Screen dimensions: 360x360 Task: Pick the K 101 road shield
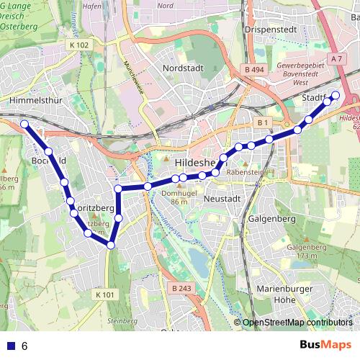(x=104, y=294)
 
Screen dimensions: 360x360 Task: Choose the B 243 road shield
(x=182, y=288)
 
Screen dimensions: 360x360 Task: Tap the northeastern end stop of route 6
(x=335, y=94)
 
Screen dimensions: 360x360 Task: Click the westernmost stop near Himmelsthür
(x=24, y=125)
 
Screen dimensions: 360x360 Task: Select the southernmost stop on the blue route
(x=111, y=246)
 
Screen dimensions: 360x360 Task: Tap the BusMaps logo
(x=325, y=346)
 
